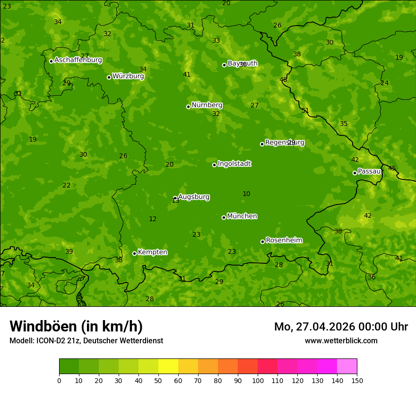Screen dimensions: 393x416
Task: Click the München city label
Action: (x=242, y=216)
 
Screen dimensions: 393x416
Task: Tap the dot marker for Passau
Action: (x=355, y=173)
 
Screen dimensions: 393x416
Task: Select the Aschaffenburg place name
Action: (x=78, y=60)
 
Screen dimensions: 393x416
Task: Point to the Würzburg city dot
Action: (x=109, y=77)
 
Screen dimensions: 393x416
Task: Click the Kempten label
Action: (x=152, y=252)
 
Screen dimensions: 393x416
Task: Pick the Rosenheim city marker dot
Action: (x=262, y=241)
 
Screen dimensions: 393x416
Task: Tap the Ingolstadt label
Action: (x=234, y=164)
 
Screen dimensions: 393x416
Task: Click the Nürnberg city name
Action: (x=207, y=105)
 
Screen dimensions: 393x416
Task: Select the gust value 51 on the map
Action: (x=305, y=111)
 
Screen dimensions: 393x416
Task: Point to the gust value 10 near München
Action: (x=246, y=194)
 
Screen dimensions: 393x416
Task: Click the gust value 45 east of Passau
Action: (x=392, y=168)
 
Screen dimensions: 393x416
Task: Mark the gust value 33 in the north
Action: (x=216, y=41)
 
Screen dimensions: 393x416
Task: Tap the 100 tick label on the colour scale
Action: (x=258, y=380)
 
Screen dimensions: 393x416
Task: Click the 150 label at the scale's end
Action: (x=357, y=380)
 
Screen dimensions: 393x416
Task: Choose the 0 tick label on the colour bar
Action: (x=59, y=380)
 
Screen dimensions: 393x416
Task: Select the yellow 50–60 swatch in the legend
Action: (x=168, y=366)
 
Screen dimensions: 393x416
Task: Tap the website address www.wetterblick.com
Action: (x=341, y=340)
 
